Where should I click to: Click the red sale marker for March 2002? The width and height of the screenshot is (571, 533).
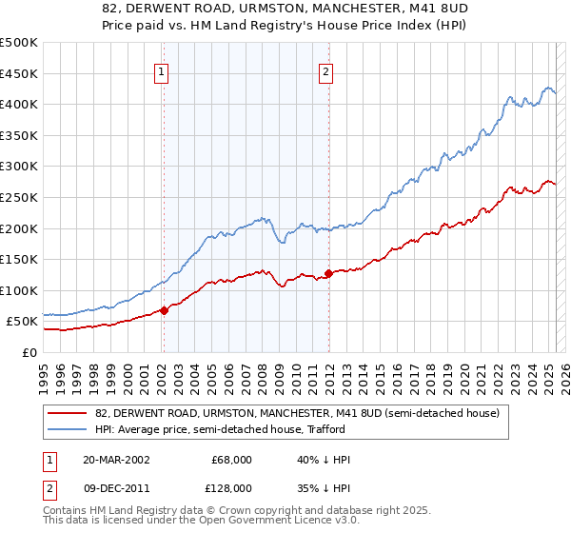tap(164, 309)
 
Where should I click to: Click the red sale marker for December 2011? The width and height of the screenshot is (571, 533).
tap(328, 273)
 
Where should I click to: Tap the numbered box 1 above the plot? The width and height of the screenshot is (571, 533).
tap(162, 70)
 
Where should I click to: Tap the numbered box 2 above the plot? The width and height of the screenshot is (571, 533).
tap(326, 70)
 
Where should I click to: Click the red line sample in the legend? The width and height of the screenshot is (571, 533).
tap(69, 413)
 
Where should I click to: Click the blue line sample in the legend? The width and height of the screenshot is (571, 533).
tap(69, 429)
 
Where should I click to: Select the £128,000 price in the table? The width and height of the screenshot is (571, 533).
tap(230, 487)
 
